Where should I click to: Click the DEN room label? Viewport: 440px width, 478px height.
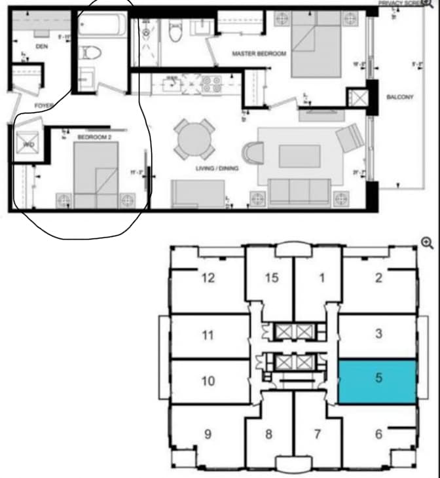tap(41, 46)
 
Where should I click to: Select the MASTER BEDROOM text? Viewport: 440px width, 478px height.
tap(259, 54)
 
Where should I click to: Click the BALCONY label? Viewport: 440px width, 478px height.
tap(399, 98)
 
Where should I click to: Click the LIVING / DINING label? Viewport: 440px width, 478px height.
tap(217, 168)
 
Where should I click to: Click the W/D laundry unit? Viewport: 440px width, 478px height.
tap(29, 144)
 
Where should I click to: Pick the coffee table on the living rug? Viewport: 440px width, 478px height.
tap(299, 156)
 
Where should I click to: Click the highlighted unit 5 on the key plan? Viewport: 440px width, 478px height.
tap(378, 381)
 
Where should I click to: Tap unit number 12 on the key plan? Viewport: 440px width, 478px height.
tap(208, 278)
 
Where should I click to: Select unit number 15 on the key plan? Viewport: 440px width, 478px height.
tap(272, 278)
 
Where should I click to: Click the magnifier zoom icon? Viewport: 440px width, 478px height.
tap(427, 243)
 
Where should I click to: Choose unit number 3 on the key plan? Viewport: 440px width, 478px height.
tap(378, 334)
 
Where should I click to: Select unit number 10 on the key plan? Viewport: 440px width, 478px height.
tap(208, 380)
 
